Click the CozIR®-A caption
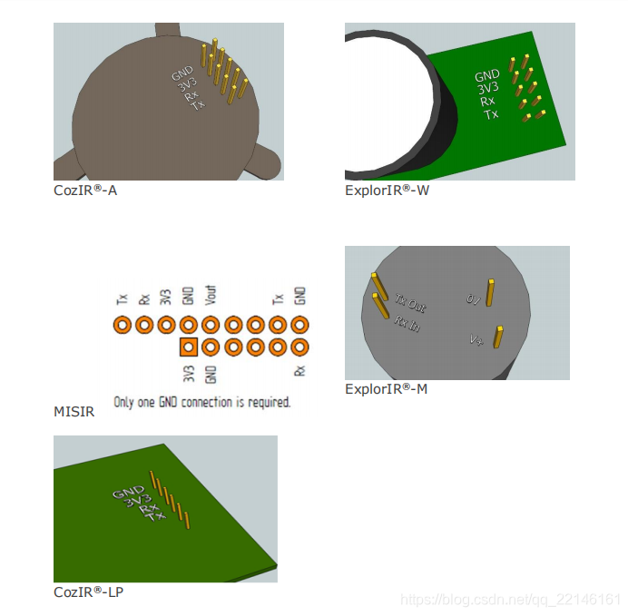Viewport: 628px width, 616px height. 85,191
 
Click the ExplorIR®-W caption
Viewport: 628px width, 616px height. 387,191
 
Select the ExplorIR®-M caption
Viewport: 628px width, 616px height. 386,388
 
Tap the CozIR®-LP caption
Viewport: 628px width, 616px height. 89,592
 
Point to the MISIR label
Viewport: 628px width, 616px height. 74,412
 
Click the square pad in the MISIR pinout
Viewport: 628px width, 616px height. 189,347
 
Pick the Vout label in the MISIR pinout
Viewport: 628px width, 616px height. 211,296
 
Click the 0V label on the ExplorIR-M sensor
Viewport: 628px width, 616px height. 473,299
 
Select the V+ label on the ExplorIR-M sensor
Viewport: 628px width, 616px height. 476,340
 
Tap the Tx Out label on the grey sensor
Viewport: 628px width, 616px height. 410,303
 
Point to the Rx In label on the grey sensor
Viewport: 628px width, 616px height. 407,324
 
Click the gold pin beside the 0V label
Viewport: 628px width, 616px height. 490,293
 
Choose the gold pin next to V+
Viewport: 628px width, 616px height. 498,337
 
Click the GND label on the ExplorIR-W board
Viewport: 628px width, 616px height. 487,75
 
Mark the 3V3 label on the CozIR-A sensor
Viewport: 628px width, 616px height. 188,85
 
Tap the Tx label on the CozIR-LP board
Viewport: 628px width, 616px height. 155,516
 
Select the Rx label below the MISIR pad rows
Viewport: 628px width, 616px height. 299,371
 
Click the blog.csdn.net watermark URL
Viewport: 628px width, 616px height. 510,600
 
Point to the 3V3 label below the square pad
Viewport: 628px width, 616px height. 189,374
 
